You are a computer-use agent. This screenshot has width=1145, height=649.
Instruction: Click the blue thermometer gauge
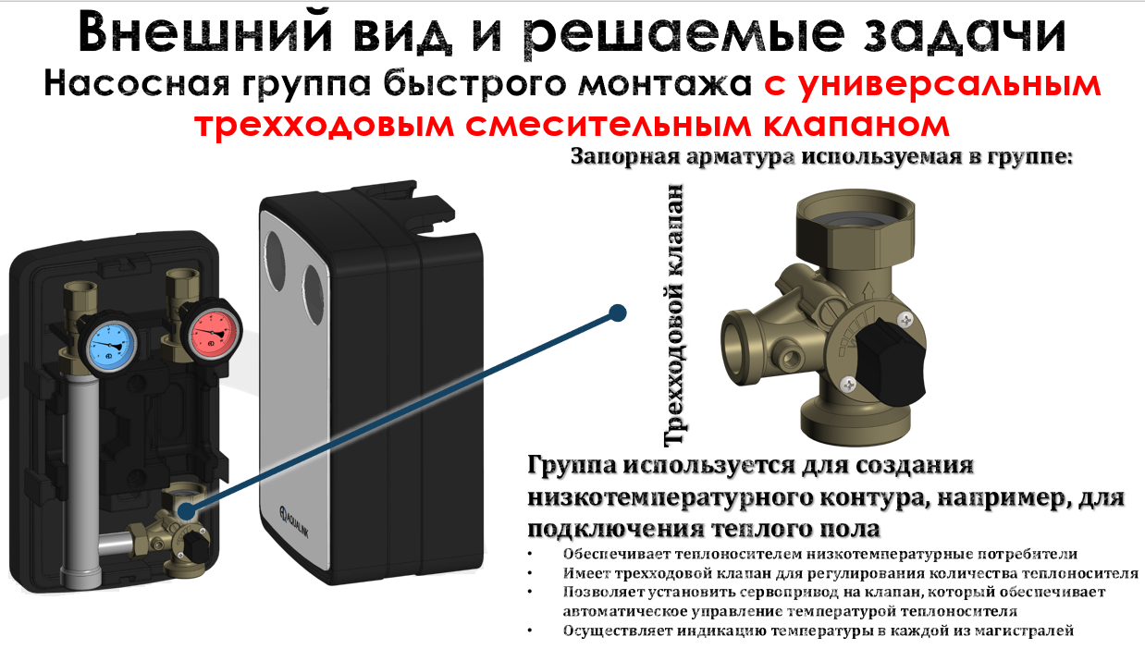110,343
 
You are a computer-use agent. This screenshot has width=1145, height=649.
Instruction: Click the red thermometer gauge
213,331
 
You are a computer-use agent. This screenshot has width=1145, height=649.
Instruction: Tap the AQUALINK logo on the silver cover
294,521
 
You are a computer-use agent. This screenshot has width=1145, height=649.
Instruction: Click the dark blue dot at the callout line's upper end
618,312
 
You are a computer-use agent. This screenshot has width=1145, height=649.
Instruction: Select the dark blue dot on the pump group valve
186,510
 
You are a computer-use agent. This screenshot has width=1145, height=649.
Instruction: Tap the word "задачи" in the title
965,33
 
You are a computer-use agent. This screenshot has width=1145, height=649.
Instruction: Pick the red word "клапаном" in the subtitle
856,125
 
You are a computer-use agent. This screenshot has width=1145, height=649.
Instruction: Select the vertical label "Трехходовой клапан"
673,314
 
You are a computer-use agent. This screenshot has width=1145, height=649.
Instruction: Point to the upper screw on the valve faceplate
905,320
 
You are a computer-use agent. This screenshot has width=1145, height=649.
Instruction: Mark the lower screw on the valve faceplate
848,384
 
